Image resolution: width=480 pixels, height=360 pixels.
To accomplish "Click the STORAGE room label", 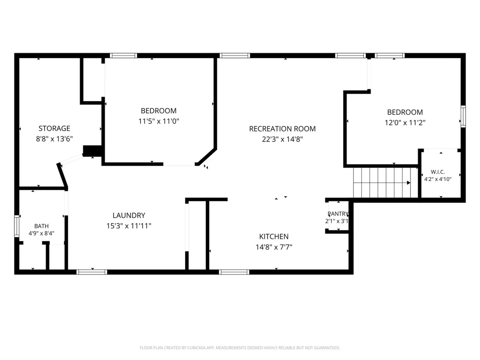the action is click(54, 128).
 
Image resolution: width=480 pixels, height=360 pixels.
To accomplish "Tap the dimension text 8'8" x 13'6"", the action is click(54, 139).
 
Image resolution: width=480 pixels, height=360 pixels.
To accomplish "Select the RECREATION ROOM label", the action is click(282, 129).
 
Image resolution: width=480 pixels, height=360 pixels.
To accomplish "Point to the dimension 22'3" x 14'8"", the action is click(282, 139).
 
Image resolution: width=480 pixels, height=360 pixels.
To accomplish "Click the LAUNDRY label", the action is click(129, 216).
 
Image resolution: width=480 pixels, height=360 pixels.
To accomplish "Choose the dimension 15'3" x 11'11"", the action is click(129, 226).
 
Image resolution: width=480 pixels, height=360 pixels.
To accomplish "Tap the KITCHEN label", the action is click(274, 237).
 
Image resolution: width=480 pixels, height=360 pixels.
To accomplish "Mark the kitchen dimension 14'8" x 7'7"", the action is click(274, 247).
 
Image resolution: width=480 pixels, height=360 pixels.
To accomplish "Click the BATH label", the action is click(41, 226).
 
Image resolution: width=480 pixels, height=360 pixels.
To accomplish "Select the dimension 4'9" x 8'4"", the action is click(41, 233).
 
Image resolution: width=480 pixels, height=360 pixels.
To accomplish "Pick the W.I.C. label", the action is click(438, 172).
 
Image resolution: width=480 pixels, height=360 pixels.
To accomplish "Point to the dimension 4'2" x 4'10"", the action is click(438, 179).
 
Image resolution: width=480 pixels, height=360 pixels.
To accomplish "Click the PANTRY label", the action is click(338, 214).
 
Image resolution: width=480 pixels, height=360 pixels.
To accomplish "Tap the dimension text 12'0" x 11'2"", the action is click(405, 123).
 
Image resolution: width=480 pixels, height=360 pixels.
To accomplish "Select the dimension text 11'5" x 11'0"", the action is click(158, 121).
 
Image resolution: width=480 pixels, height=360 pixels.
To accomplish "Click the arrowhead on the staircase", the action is click(408, 183).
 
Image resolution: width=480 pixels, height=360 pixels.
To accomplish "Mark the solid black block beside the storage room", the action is click(93, 151).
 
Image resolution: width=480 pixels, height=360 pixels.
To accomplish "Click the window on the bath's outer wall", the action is click(17, 226).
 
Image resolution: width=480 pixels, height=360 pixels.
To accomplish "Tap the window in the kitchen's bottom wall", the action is click(234, 272).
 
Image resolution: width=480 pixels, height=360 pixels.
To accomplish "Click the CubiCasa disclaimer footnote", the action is click(240, 348).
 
